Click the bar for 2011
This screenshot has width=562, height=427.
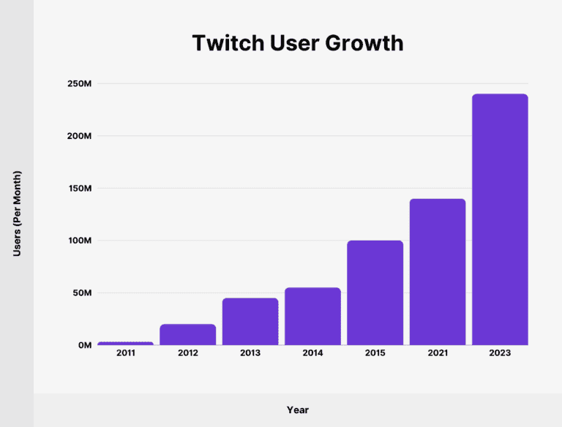click(x=125, y=343)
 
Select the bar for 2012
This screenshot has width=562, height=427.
click(x=188, y=334)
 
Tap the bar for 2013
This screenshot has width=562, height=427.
click(x=250, y=321)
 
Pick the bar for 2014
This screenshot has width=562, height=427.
click(x=312, y=316)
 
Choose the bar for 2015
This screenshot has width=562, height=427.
click(x=375, y=292)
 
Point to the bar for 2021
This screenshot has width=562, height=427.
click(x=438, y=271)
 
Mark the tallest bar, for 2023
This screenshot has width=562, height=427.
click(x=500, y=219)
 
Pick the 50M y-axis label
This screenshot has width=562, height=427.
click(x=80, y=293)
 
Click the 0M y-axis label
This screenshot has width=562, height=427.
click(x=83, y=345)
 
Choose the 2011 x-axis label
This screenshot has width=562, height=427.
click(x=125, y=353)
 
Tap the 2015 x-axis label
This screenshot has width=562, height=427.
click(x=375, y=353)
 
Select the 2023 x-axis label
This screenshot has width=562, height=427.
click(x=500, y=353)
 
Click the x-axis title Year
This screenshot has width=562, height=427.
click(x=298, y=409)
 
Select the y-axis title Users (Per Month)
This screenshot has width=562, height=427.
click(x=18, y=213)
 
